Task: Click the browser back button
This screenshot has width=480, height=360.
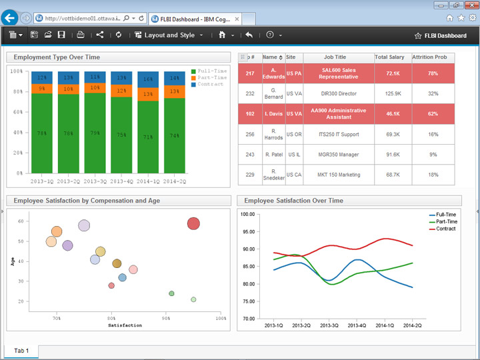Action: click(x=10, y=18)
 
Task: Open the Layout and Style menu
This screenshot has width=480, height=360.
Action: click(x=169, y=35)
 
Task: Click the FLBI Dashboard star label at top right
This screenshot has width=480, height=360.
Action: click(x=440, y=35)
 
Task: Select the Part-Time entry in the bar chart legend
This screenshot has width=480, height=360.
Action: click(x=211, y=77)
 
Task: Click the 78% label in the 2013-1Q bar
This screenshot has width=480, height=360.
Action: click(x=41, y=133)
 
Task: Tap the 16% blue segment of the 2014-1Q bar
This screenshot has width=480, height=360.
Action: click(x=148, y=79)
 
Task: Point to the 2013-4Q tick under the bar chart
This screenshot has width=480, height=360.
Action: click(x=121, y=181)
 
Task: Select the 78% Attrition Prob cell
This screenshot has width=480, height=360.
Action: click(x=433, y=73)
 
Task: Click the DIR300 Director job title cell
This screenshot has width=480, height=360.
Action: click(x=339, y=94)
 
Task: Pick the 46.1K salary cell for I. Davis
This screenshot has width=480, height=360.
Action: click(x=392, y=114)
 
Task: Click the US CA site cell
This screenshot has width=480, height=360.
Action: click(x=294, y=175)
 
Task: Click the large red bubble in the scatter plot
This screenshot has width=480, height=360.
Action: click(x=193, y=223)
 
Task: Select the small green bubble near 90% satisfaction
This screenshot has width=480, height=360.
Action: click(x=171, y=293)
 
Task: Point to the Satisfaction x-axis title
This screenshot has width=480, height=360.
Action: click(x=125, y=325)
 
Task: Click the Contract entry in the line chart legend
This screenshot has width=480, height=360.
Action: click(x=445, y=229)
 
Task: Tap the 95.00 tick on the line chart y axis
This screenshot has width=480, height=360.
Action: click(x=247, y=232)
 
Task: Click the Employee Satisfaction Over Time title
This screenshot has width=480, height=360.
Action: click(x=293, y=201)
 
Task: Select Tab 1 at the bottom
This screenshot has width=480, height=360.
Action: click(x=21, y=351)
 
